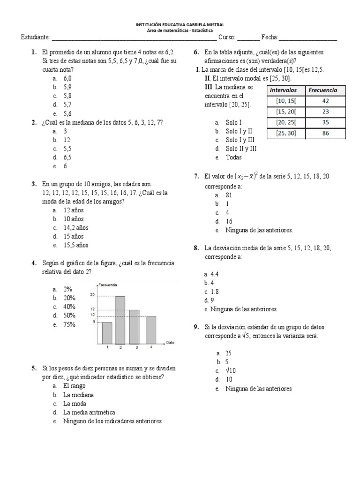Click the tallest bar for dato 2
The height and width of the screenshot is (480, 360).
point(120,320)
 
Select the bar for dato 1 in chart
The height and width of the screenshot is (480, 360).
point(107,333)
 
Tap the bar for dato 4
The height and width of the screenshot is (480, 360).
point(151,330)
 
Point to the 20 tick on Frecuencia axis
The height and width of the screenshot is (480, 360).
point(93,294)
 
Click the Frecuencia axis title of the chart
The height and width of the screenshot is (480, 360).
point(107,285)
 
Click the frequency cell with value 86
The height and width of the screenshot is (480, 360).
point(325,133)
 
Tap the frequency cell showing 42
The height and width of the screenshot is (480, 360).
point(325,101)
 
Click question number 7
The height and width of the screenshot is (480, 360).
point(196,176)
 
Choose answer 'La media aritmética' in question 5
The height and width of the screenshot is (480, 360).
point(89,412)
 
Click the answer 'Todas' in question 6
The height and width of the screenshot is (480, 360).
point(233,157)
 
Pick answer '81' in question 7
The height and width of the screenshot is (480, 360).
point(229,195)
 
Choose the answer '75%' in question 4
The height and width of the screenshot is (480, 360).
point(69,324)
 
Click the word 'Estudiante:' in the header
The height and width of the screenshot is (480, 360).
point(35,37)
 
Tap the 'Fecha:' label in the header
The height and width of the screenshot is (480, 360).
point(270,37)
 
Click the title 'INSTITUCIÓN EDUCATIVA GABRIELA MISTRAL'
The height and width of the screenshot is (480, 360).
point(180,24)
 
